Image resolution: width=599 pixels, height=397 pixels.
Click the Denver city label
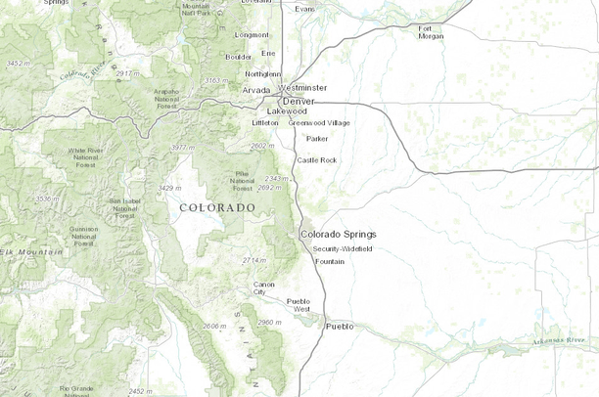tap(299, 101)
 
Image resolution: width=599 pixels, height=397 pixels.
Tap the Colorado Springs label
tap(338, 235)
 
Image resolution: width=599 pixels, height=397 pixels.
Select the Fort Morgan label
tap(431, 32)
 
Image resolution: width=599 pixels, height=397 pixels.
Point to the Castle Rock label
tap(316, 159)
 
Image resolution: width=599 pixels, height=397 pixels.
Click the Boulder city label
tap(239, 57)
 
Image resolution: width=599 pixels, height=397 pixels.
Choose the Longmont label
tap(253, 35)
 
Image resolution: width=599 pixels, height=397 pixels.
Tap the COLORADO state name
tap(217, 208)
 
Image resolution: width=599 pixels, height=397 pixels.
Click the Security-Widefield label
tap(343, 249)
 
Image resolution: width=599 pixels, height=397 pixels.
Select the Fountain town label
tap(329, 261)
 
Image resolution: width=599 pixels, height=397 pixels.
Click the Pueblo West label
tap(298, 305)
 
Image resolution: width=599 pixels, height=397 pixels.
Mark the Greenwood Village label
tap(318, 123)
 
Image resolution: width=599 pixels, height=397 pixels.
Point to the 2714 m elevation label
tap(253, 261)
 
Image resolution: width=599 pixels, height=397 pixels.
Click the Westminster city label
tap(301, 87)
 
